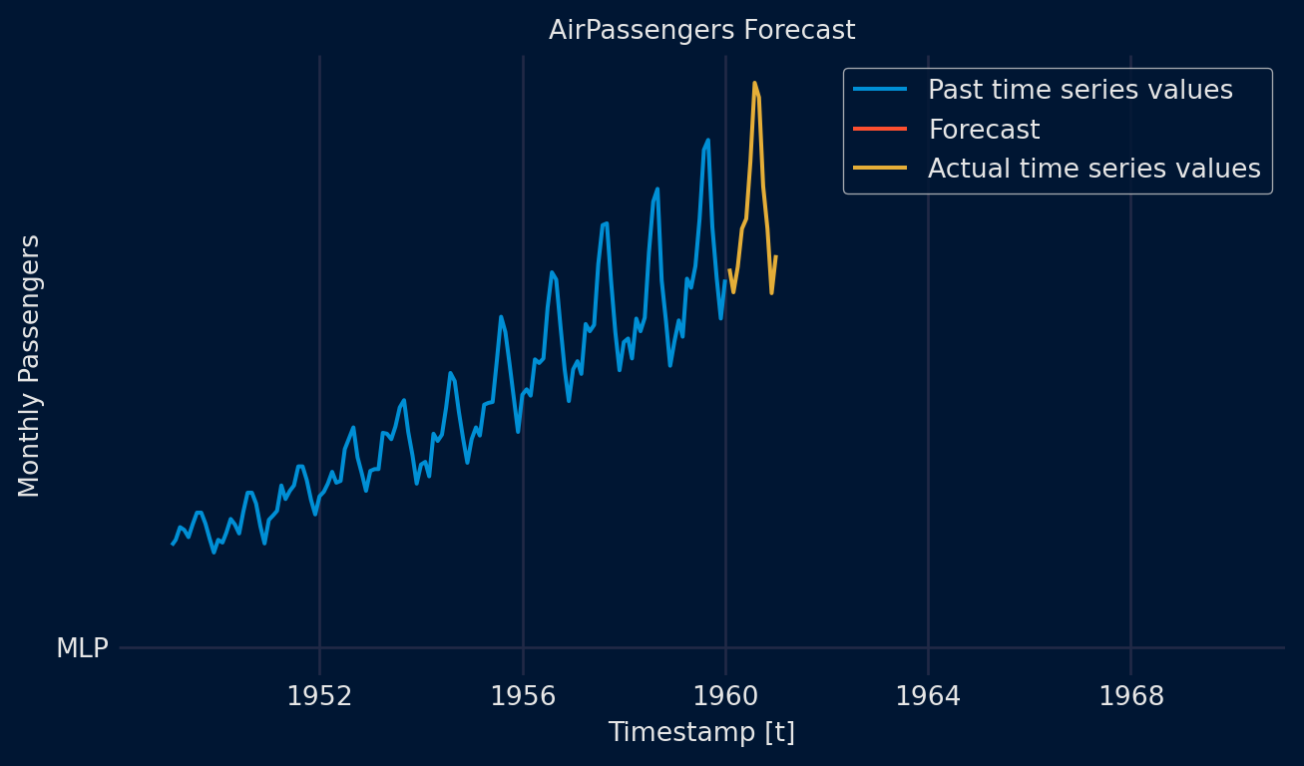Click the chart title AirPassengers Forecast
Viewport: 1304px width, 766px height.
(701, 31)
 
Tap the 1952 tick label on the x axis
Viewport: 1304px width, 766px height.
(319, 696)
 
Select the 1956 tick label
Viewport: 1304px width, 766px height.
(523, 696)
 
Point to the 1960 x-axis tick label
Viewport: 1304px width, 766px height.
(725, 696)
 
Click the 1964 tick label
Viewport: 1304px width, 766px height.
(928, 696)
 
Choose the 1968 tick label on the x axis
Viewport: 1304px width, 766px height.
(1130, 696)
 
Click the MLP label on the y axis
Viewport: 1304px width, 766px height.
(82, 648)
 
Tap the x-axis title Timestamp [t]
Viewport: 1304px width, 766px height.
(701, 732)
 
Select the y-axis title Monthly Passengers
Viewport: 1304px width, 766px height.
(30, 365)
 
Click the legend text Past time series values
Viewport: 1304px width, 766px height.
(1080, 90)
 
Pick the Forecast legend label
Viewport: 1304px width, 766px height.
(984, 130)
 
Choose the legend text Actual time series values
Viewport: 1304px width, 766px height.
(1093, 169)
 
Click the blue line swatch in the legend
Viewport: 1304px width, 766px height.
(880, 90)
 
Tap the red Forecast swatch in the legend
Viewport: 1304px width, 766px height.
(880, 130)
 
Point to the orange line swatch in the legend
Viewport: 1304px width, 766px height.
(880, 169)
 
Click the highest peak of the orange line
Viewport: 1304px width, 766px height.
(754, 83)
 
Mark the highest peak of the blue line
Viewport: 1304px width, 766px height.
(707, 140)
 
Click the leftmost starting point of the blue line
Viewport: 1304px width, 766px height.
(172, 544)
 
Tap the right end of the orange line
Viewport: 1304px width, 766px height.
(775, 256)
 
